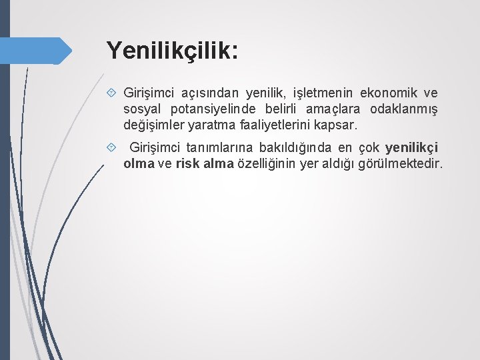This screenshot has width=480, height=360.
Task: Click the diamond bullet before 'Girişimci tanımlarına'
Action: (111, 147)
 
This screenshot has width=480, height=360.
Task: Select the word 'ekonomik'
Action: (390, 93)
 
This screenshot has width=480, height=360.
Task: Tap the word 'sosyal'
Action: (143, 109)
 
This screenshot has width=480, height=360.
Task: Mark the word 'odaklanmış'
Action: (403, 109)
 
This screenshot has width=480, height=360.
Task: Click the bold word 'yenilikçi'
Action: (411, 147)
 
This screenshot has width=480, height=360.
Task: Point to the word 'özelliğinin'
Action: (266, 163)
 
